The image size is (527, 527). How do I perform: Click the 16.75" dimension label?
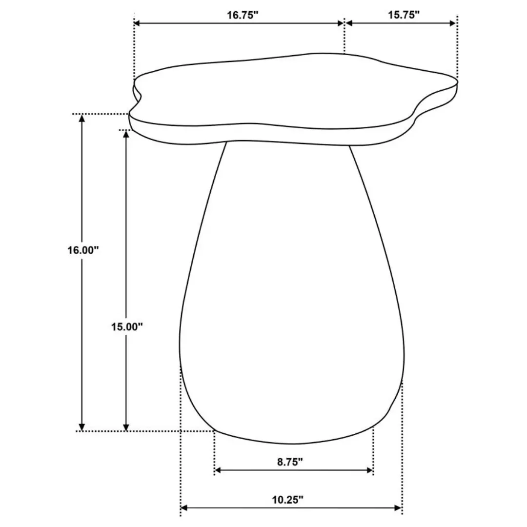click(243, 15)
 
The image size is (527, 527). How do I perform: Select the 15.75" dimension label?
click(404, 15)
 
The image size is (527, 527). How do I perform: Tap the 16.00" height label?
click(83, 250)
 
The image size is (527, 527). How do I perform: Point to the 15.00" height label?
click(127, 326)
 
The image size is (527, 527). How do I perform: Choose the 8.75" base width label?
click(290, 462)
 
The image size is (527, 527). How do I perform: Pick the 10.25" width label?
click(287, 500)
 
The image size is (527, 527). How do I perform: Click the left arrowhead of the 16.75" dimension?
click(137, 23)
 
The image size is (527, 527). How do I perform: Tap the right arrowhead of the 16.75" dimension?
click(341, 23)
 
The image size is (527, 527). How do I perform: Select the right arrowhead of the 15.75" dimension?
click(452, 23)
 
